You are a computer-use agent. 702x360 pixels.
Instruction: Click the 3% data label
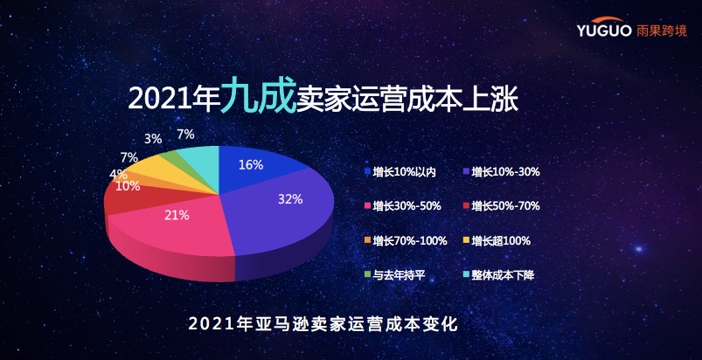click(153, 139)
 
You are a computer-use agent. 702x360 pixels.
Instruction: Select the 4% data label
click(117, 175)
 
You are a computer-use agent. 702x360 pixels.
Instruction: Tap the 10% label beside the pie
click(128, 186)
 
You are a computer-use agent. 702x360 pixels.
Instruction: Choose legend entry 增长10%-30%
click(501, 172)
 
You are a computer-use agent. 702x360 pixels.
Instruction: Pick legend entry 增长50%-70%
click(501, 206)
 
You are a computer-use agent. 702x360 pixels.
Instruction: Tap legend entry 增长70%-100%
click(406, 240)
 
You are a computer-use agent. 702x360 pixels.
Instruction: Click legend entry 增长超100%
click(497, 240)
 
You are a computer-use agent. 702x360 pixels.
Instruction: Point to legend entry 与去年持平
click(394, 275)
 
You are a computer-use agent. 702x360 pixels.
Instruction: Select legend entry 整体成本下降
click(498, 275)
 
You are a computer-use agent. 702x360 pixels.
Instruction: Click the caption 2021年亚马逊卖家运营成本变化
click(323, 324)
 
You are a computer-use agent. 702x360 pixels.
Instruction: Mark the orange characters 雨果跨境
click(661, 31)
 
